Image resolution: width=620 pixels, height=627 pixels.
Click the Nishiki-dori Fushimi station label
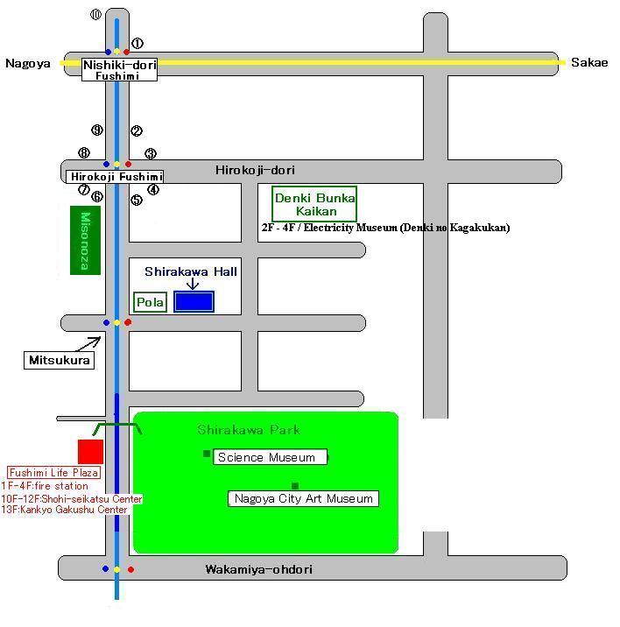119,69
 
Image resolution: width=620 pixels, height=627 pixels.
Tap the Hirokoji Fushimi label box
115,177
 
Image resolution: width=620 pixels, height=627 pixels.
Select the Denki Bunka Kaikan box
314,204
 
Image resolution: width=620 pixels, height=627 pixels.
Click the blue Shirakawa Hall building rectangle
194,301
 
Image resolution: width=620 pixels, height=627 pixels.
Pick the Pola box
150,302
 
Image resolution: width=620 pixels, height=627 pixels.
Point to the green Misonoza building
85,240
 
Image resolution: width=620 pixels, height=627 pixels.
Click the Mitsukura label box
60,360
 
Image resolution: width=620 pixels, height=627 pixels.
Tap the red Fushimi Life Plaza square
90,452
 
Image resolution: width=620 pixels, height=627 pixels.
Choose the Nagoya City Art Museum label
303,498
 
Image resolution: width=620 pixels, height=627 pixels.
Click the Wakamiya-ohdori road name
259,569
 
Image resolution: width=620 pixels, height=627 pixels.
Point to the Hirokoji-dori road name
255,171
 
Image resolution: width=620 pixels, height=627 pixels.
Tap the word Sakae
589,62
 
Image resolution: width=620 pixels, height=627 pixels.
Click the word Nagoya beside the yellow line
28,64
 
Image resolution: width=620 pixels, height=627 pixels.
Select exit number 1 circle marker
137,43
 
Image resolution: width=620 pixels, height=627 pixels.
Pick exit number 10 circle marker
95,15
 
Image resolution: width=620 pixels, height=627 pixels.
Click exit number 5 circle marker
137,200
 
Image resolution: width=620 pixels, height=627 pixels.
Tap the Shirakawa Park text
249,430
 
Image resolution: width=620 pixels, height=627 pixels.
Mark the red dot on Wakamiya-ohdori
130,569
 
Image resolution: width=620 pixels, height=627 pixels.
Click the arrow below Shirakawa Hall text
193,284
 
